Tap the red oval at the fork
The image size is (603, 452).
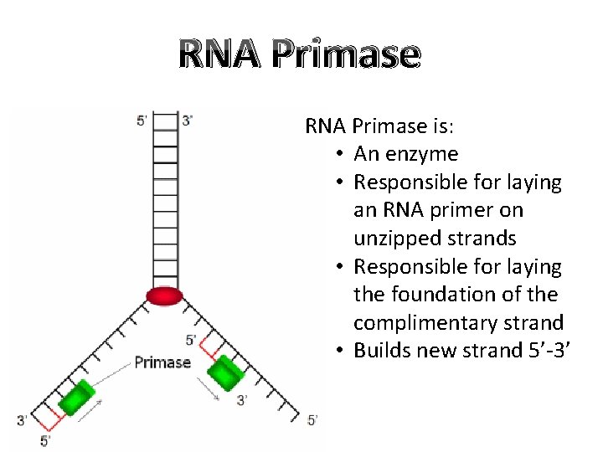(164, 295)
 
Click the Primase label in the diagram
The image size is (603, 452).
(163, 362)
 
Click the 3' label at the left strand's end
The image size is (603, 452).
(23, 419)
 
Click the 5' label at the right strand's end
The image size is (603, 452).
(312, 419)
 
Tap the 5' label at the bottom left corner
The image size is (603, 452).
(45, 439)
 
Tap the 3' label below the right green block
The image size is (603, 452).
(242, 401)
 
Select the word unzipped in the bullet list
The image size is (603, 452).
(392, 239)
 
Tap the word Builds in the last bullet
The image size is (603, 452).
(382, 351)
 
